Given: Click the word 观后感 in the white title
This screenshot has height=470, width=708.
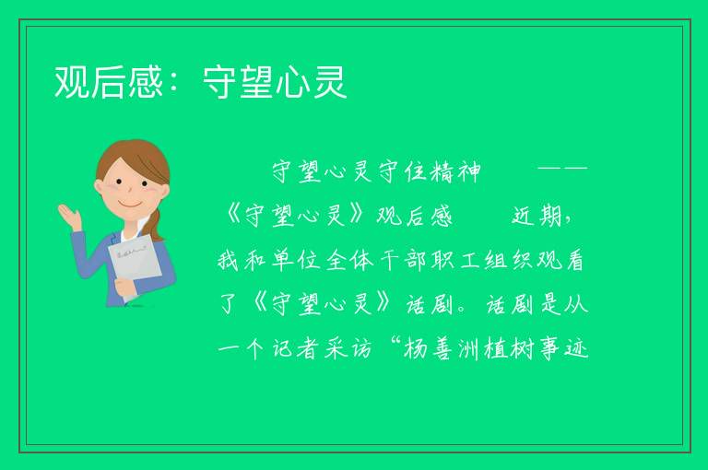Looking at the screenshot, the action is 109,82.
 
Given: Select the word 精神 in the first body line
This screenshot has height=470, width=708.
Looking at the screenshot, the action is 455,172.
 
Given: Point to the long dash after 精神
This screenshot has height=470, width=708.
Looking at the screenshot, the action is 562,169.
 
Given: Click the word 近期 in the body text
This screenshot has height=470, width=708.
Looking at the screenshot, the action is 537,216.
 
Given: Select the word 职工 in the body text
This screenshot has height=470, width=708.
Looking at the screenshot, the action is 455,261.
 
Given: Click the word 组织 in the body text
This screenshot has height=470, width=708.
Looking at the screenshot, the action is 509,261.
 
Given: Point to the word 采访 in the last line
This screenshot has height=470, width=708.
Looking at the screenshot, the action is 349,349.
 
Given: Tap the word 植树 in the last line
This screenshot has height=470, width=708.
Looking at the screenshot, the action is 509,349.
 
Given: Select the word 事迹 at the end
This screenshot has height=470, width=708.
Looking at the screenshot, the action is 563,349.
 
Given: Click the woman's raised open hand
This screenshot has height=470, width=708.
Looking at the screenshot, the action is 69,217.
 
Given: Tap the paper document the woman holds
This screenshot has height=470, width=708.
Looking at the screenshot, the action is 136,265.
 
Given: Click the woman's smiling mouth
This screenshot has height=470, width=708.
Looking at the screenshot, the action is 131,205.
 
